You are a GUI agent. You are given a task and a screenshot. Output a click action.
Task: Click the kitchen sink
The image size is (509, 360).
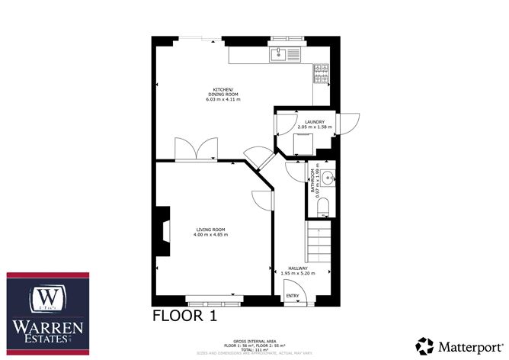coord(285,55)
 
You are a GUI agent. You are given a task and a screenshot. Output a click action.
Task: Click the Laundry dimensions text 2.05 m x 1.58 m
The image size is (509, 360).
coord(315,127)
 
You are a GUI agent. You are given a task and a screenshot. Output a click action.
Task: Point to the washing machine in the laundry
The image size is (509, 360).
coord(305,143)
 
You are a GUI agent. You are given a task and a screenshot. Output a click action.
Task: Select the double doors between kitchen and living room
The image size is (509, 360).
coord(187,149)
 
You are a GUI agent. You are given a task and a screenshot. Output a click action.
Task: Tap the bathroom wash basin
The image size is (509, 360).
coord(326,180)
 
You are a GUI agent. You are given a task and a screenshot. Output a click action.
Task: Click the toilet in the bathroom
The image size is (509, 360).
coord(321,207)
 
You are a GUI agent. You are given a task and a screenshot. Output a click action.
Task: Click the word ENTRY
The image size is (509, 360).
coord(292,295)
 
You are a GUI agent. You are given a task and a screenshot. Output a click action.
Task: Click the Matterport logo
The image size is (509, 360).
coord(459,343)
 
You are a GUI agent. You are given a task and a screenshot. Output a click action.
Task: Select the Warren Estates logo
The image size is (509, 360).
coord(47,313)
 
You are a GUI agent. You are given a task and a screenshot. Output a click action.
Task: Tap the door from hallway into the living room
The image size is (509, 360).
coord(263,201)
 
